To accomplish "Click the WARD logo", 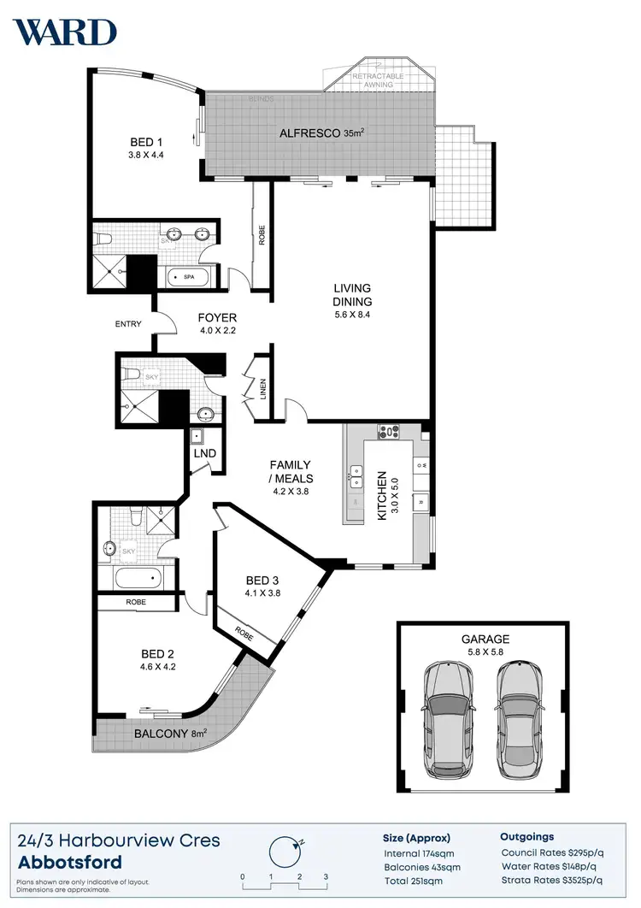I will [x=64, y=32].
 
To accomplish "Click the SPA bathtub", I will [x=189, y=277].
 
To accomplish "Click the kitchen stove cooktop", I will [x=389, y=433].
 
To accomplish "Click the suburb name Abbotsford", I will [x=68, y=862].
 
